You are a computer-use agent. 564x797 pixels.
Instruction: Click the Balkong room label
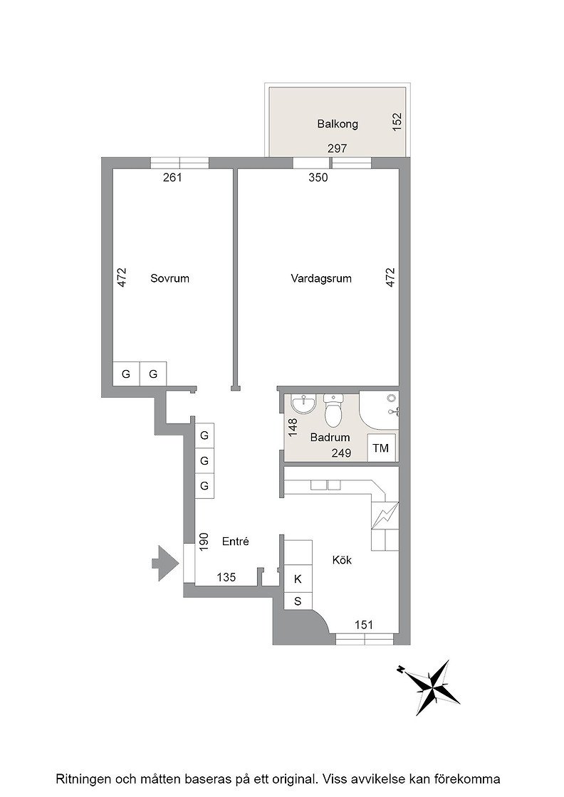point(338,124)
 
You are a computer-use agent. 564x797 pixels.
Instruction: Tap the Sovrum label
point(170,278)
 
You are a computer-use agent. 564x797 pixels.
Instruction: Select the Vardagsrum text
point(321,278)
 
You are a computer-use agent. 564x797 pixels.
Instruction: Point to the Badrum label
point(330,437)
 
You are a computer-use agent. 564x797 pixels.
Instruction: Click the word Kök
point(342,560)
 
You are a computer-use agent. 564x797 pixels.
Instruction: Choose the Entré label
point(236,542)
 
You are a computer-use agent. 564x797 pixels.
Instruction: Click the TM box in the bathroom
point(381,448)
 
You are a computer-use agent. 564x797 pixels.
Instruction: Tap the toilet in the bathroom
point(333,410)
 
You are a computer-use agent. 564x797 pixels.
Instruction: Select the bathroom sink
point(304,405)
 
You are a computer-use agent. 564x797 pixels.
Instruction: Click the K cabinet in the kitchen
point(298,579)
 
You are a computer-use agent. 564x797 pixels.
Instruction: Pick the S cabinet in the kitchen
point(298,601)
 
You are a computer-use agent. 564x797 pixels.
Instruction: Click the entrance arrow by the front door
point(165,563)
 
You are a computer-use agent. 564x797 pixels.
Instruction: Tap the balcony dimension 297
point(337,149)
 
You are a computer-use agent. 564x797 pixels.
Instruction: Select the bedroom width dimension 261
point(172,177)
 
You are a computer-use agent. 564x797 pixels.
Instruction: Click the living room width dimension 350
point(318,177)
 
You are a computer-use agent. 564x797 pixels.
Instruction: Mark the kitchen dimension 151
point(364,625)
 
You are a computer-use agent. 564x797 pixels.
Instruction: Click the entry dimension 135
point(226,577)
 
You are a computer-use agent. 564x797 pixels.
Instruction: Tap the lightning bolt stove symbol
point(385,515)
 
